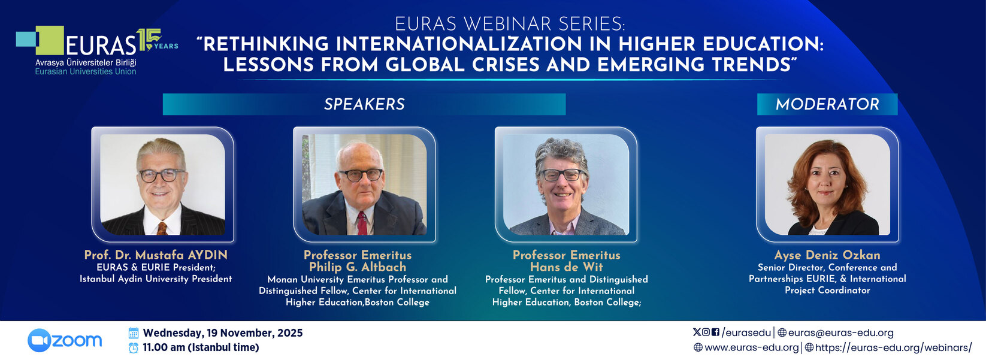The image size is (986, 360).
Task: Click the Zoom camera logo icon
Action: tap(39, 340)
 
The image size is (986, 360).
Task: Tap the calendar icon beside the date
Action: tap(134, 332)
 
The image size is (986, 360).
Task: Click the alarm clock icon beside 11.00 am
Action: tap(134, 347)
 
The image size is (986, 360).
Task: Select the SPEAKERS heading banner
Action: tap(364, 104)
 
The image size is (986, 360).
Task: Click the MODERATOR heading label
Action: tap(827, 104)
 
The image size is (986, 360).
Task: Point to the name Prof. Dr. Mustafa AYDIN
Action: tap(156, 255)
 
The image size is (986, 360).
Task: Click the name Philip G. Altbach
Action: tap(358, 267)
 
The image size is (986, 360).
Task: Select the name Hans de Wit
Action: tap(567, 267)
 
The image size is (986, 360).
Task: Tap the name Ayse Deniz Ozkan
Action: tap(827, 255)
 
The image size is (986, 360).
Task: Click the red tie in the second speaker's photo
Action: tap(362, 223)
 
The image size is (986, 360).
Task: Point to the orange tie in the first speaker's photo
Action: tap(162, 228)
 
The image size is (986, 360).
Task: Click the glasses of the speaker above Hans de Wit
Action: tap(562, 175)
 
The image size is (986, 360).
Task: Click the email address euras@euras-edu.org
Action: tap(841, 332)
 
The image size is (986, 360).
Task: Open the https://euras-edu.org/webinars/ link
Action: tap(893, 347)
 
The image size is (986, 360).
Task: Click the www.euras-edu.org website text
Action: tap(751, 347)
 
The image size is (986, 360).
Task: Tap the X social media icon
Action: tap(697, 332)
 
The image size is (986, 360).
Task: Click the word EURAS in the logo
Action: tap(101, 46)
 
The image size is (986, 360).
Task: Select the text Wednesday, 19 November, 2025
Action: tap(223, 332)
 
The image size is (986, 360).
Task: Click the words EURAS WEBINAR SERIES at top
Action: tap(510, 24)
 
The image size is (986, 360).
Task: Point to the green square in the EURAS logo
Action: tap(50, 40)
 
